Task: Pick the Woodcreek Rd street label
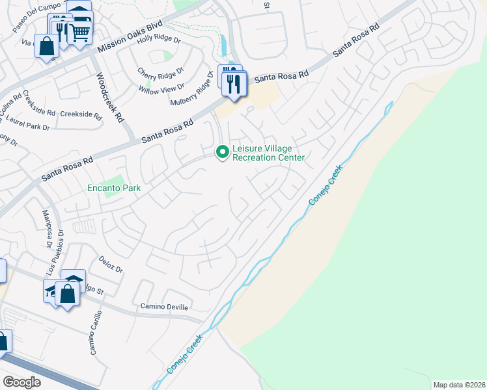pos(109,97)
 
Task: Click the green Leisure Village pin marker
pos(223,151)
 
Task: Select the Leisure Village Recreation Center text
pos(268,153)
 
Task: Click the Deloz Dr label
pos(111,268)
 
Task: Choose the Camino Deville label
pos(164,307)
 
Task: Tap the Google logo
pos(21,382)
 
